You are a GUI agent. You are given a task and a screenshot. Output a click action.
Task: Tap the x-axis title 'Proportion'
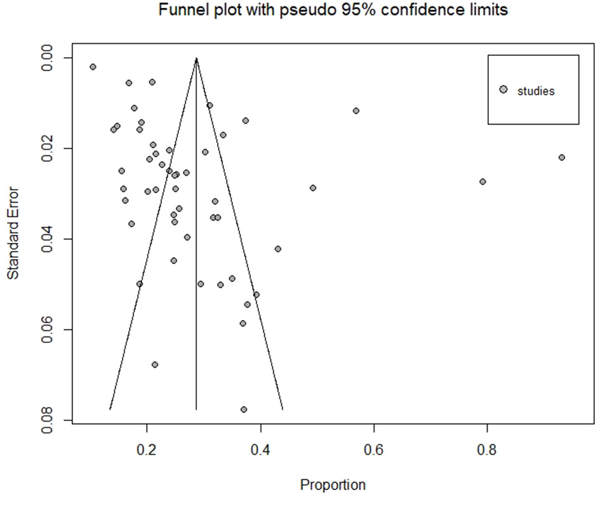(333, 486)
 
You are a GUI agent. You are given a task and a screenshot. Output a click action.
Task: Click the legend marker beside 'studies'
(503, 90)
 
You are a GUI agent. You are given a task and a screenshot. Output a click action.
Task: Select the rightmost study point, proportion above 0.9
(562, 157)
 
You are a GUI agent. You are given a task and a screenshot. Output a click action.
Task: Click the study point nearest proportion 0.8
(483, 182)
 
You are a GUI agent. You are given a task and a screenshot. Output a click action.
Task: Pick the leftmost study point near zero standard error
(93, 67)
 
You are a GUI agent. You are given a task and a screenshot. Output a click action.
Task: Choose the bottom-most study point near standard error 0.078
(244, 409)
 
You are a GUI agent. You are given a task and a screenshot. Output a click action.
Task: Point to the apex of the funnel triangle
(196, 58)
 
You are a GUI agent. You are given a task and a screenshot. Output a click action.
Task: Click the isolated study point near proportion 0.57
(356, 111)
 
